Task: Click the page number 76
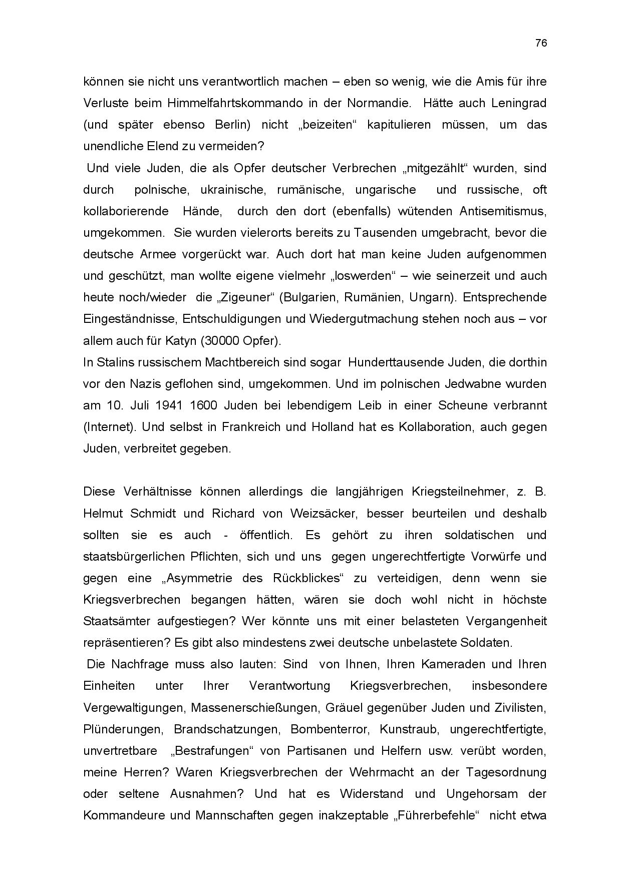[x=541, y=43]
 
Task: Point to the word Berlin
[x=232, y=125]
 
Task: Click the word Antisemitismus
[x=503, y=211]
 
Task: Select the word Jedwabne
[x=475, y=384]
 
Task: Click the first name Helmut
[x=103, y=514]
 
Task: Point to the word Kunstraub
[x=409, y=729]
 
